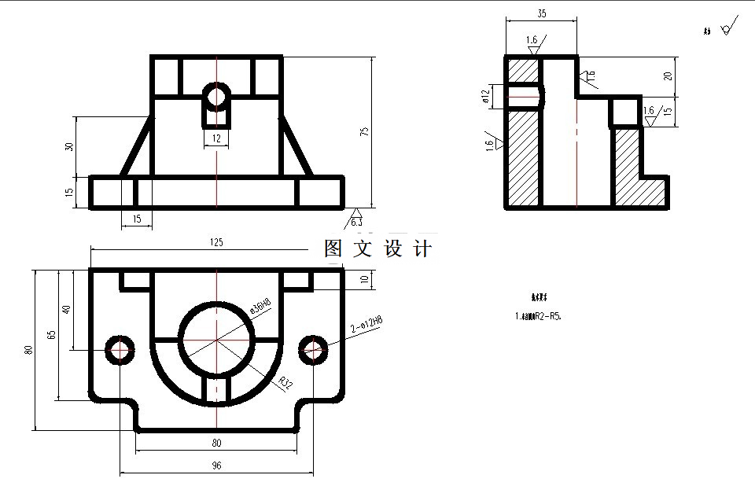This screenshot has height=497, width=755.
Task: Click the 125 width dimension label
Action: (216, 242)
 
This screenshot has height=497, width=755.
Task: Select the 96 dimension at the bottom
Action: (216, 466)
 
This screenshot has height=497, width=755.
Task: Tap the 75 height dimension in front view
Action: (363, 131)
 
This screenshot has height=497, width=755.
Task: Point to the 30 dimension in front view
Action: (69, 146)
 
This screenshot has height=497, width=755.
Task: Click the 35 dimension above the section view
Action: (541, 13)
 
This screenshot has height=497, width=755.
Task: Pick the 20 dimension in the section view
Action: (668, 76)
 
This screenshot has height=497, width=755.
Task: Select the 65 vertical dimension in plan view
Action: (51, 334)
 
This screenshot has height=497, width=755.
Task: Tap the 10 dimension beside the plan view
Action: (363, 279)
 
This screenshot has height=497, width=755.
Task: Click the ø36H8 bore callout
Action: (260, 304)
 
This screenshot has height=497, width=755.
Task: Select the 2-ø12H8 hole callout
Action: (366, 322)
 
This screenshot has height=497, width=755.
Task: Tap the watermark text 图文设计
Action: (378, 248)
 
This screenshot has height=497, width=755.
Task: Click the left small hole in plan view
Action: (120, 349)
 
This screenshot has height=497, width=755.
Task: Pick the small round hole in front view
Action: (216, 98)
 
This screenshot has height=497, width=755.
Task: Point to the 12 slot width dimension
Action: (216, 138)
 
